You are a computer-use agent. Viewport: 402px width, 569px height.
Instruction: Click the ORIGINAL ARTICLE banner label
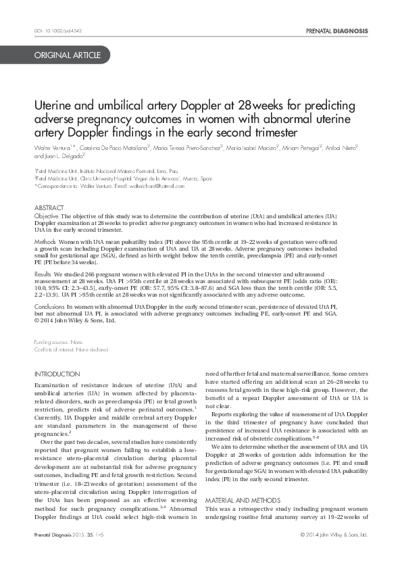coord(68,55)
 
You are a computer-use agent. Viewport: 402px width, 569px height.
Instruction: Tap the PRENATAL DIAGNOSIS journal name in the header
coord(337,31)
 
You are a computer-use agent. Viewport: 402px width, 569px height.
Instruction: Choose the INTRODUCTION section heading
coord(57,374)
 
